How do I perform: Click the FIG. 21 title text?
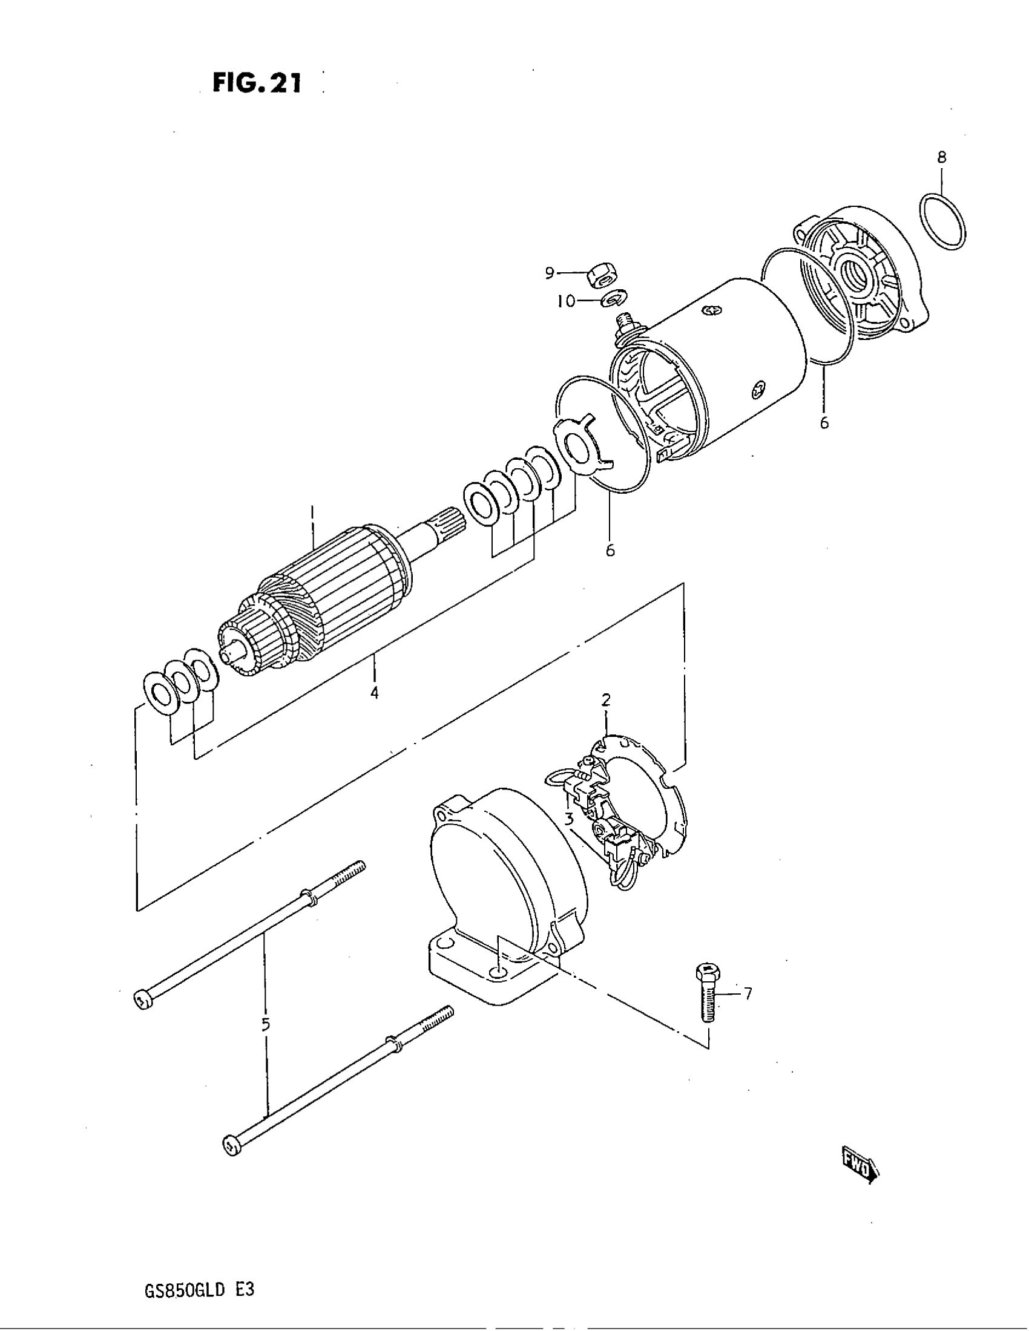257,83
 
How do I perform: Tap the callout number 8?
942,157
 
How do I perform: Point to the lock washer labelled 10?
613,299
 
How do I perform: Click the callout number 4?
373,692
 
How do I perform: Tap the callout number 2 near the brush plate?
606,700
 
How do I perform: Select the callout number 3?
569,819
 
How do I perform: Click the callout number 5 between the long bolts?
266,1024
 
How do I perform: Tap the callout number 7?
748,994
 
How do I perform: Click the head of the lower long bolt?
231,1146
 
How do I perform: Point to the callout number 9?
549,272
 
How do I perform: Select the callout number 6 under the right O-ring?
824,422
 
